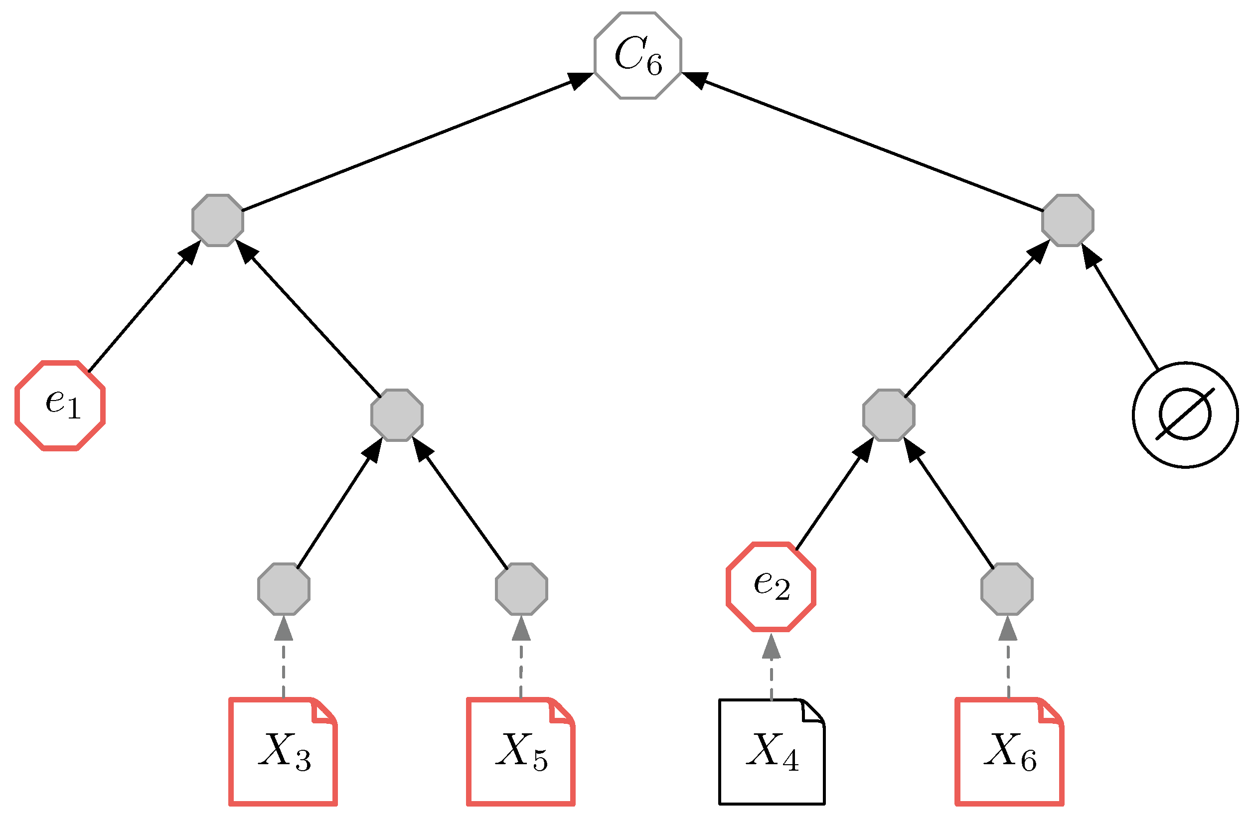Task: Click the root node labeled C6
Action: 637,55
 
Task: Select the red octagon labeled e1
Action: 60,405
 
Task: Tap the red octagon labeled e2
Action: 771,586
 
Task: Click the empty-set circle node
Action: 1185,414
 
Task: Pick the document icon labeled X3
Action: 283,752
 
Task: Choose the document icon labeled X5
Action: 521,752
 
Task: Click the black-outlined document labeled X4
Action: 772,752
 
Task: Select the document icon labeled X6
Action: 1009,752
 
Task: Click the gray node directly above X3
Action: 284,589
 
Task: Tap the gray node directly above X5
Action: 521,589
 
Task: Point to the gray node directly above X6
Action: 1007,589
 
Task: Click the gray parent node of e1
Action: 218,220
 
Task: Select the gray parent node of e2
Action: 889,415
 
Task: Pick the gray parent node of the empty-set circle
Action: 1068,220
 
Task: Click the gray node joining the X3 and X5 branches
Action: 397,415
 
